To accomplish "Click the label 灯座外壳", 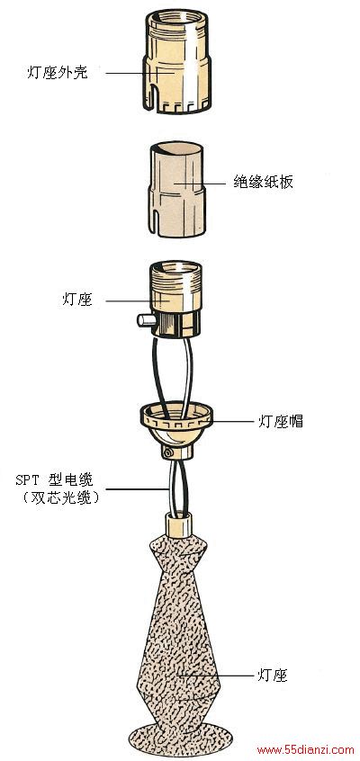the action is [58, 73].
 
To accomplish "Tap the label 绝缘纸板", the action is [263, 183].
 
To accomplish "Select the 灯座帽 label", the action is [280, 421].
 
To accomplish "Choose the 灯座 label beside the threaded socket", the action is [76, 300].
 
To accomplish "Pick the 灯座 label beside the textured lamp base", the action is [272, 675].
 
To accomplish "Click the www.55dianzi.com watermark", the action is [306, 750].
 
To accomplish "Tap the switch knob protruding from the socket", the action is [143, 319].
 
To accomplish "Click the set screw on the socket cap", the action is [168, 452].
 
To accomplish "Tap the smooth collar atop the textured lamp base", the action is [179, 524].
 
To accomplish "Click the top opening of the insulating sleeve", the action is [175, 148].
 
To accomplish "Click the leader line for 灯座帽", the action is [232, 421].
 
